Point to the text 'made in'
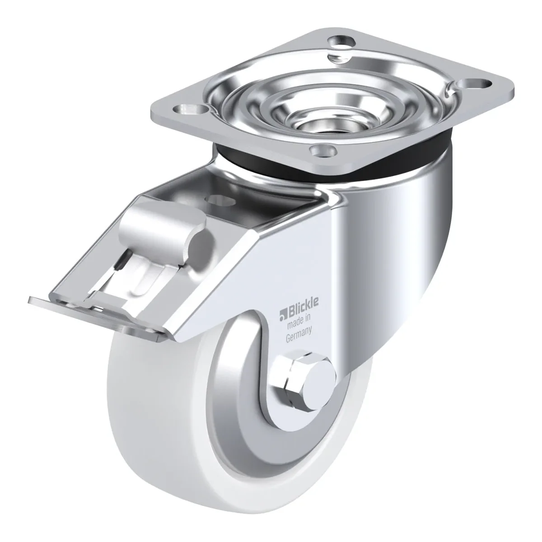(x=299, y=321)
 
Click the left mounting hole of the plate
(x=190, y=109)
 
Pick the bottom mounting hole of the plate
(x=322, y=152)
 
